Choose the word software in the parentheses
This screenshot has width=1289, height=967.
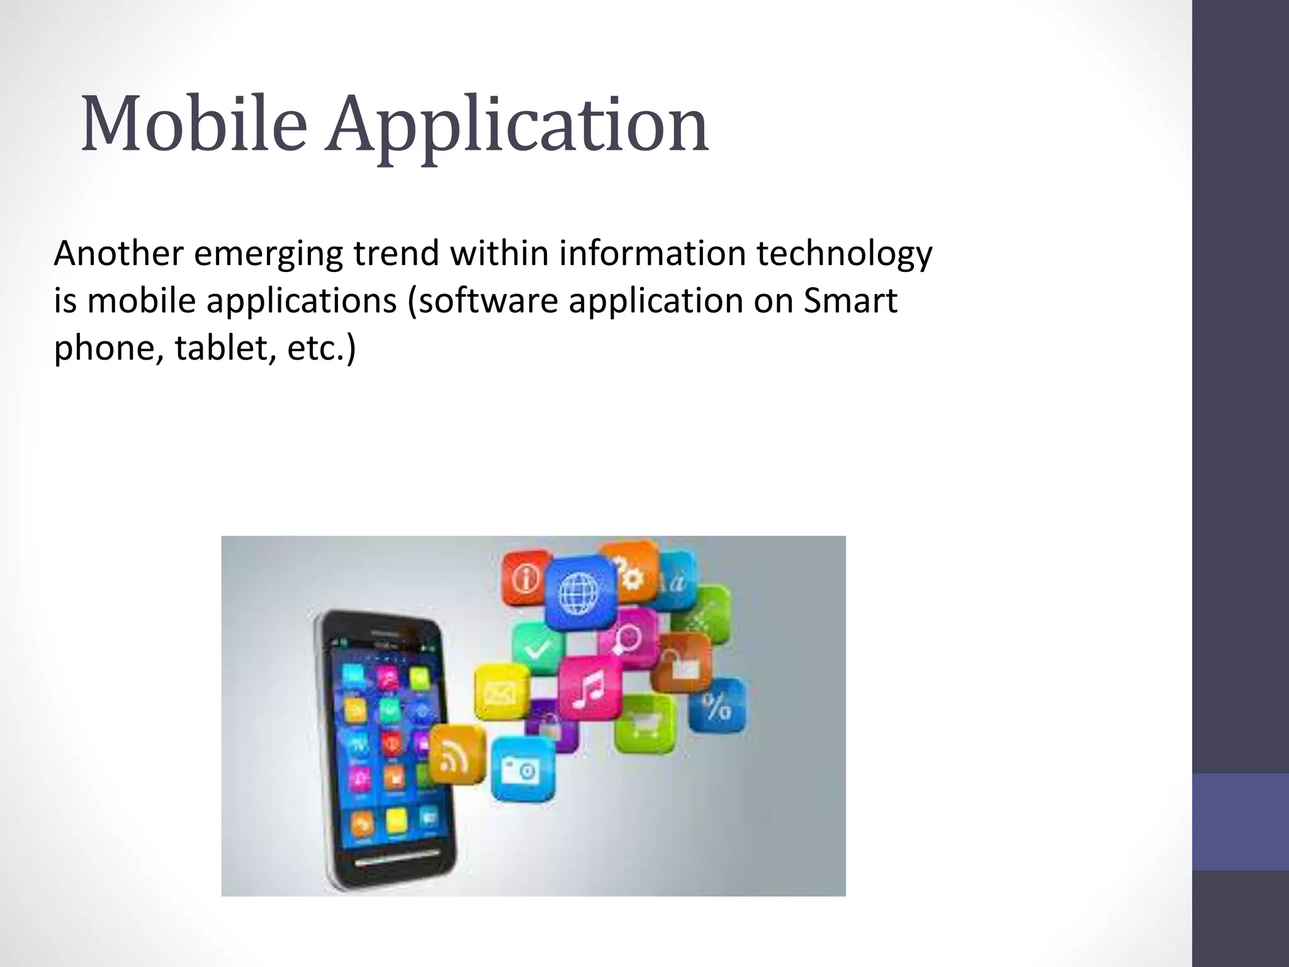488,301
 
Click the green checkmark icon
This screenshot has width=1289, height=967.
539,648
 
